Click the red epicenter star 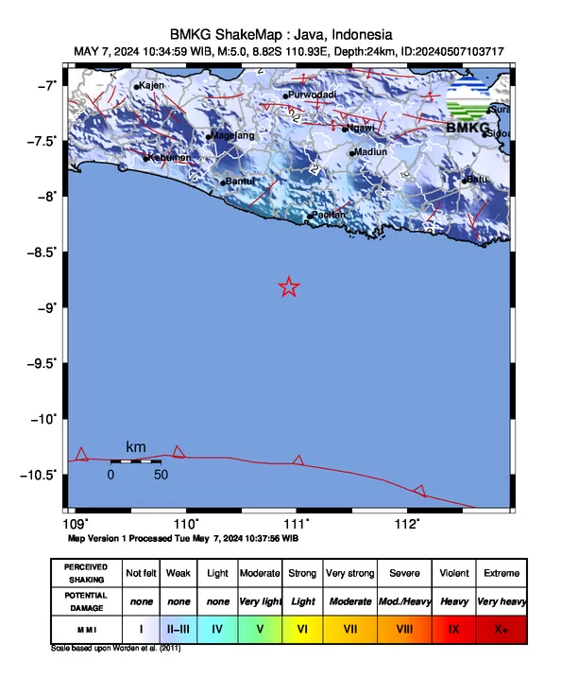(x=289, y=287)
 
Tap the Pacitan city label (x=329, y=215)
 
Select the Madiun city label (x=369, y=152)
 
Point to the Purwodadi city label (x=313, y=96)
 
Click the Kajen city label (x=151, y=86)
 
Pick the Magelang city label (x=233, y=136)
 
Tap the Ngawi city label (x=362, y=128)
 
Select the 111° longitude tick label (x=297, y=523)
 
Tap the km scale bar (x=134, y=461)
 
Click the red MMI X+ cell (x=500, y=628)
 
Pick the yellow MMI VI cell (x=302, y=628)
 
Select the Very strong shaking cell (x=348, y=573)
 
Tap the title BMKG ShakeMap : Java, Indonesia (x=288, y=34)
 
